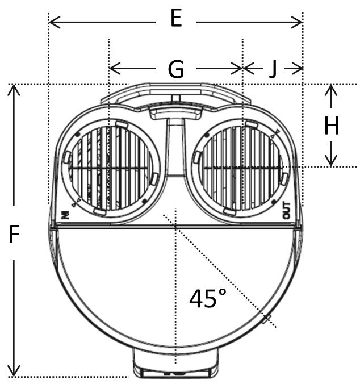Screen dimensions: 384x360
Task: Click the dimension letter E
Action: coord(176,20)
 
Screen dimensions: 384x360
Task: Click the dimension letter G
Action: coord(176,69)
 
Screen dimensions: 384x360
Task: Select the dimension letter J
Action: coord(273,69)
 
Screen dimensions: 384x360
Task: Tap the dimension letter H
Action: coord(332,127)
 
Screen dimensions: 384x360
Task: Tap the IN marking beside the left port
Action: coord(65,214)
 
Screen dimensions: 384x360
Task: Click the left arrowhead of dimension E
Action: coord(53,22)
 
